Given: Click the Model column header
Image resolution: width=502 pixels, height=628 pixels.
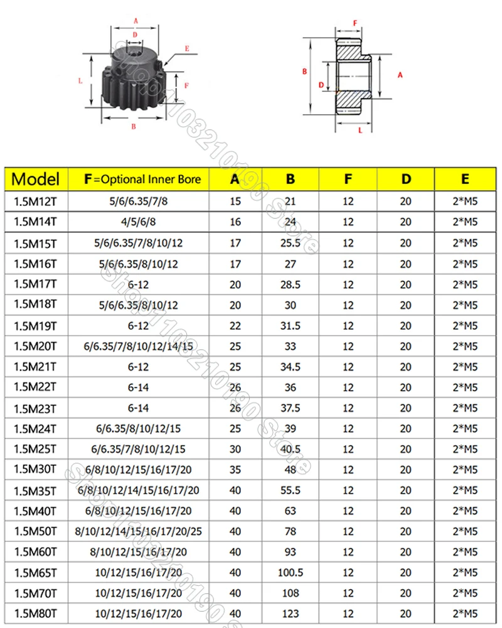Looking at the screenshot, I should (36, 179).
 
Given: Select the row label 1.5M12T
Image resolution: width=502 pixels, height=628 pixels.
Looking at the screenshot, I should (36, 201).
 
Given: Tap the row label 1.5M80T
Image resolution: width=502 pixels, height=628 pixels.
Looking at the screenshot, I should (36, 613).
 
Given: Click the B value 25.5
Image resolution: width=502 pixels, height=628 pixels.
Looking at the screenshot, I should (291, 242).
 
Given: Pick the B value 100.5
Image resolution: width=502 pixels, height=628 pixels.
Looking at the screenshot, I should (291, 572).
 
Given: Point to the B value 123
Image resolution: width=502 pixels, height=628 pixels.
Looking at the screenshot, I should (291, 613).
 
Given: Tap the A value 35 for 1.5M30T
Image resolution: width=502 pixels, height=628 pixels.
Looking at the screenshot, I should (235, 469).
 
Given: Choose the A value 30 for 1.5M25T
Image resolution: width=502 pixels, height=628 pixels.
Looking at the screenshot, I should (235, 448).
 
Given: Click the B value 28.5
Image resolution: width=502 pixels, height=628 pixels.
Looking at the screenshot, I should (291, 284).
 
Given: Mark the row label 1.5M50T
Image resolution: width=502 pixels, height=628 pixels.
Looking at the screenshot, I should (36, 531).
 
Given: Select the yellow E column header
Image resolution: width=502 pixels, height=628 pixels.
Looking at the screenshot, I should (464, 179).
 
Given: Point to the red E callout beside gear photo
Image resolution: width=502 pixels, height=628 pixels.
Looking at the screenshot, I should (187, 48).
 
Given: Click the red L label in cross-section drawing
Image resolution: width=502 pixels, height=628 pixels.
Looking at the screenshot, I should (360, 131).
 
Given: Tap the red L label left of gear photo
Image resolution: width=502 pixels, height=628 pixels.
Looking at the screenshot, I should (80, 80).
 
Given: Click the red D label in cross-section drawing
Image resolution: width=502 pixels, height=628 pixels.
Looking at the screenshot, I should (321, 85).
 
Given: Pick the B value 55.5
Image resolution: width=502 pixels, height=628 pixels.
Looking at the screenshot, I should (291, 490).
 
